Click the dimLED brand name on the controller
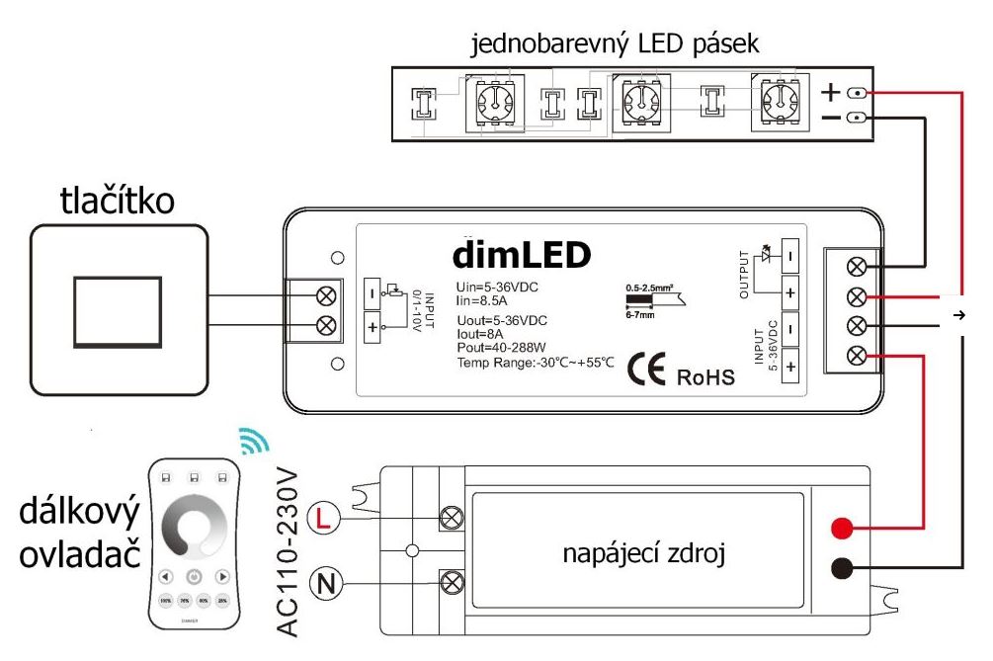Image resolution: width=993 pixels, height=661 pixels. click(x=522, y=255)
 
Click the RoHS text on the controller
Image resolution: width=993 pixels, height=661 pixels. click(x=705, y=377)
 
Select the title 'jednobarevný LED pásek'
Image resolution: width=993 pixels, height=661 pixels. click(x=616, y=44)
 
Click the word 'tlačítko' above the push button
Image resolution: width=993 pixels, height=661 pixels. click(x=118, y=202)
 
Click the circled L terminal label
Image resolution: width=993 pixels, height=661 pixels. click(x=325, y=516)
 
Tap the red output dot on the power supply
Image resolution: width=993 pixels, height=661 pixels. click(x=842, y=526)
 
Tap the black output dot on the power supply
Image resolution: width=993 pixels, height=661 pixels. click(x=842, y=568)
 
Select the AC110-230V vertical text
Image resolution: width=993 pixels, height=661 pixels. click(x=286, y=549)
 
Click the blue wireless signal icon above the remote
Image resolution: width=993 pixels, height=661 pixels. click(x=254, y=442)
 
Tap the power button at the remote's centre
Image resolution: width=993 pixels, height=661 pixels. click(x=195, y=576)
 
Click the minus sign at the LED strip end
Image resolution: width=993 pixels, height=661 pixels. click(x=832, y=119)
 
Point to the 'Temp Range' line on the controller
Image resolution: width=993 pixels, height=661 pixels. click(x=536, y=363)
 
